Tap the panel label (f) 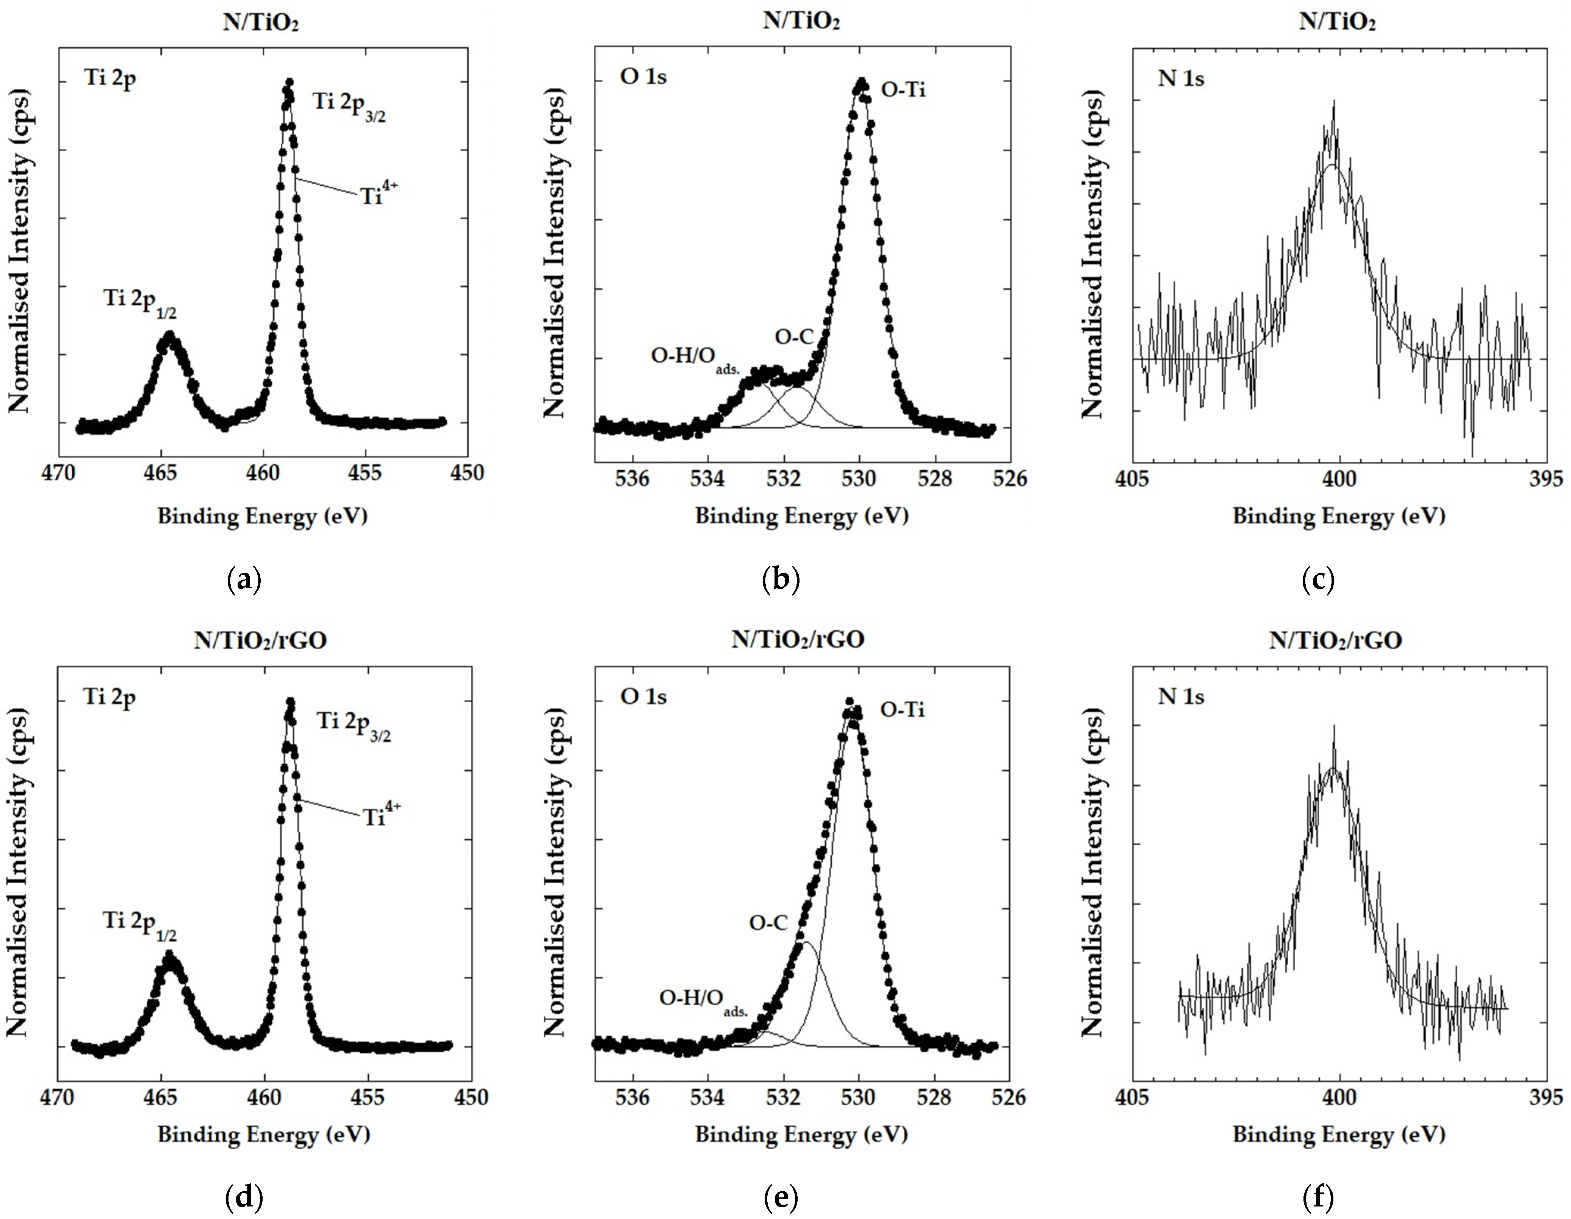[x=1318, y=1198]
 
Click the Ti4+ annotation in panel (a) [x=379, y=194]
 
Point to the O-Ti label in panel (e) [x=903, y=710]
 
